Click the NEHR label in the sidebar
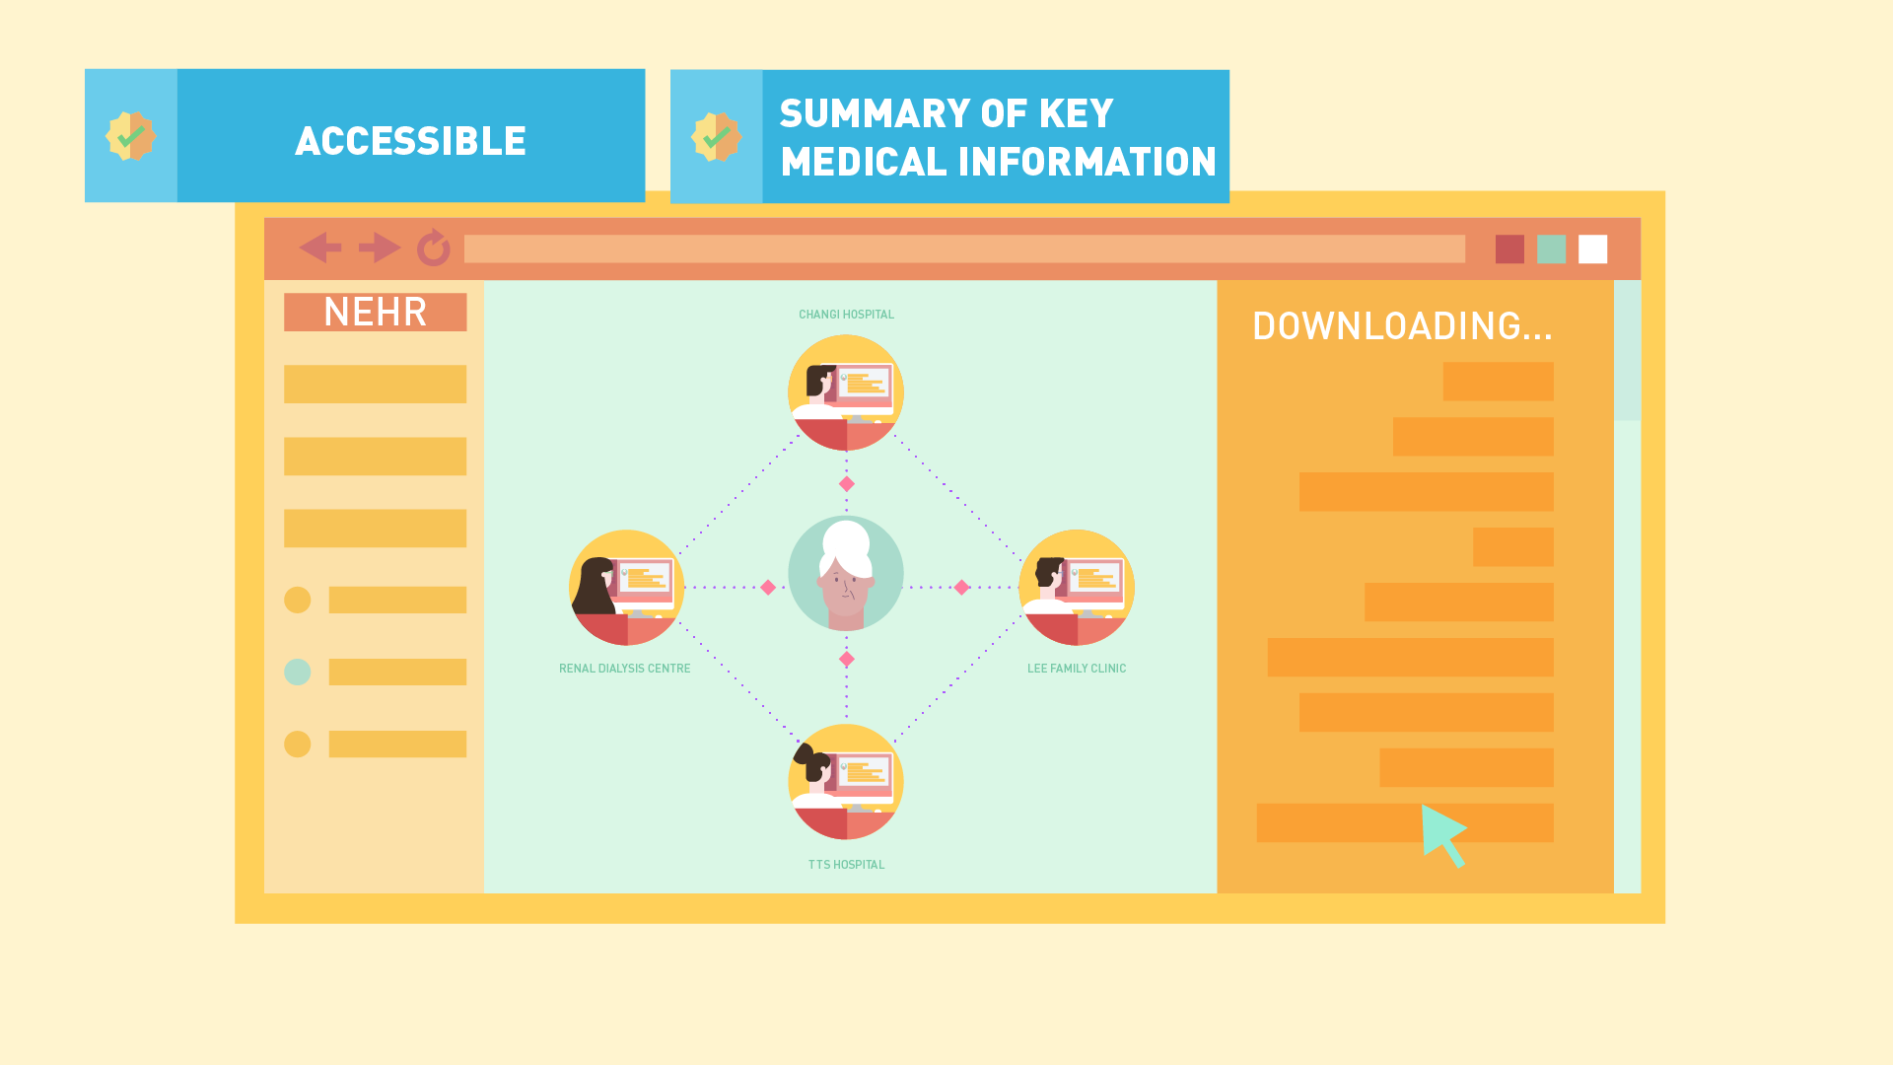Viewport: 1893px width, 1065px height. [x=375, y=312]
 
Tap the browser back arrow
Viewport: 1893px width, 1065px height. [x=320, y=248]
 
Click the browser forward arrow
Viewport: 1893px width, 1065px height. [x=380, y=248]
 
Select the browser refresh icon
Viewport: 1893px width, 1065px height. [x=434, y=248]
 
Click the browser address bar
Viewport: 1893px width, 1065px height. [x=964, y=248]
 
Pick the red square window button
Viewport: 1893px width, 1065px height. [x=1509, y=249]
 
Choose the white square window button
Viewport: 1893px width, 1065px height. [x=1592, y=249]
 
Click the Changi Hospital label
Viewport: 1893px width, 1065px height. [x=846, y=315]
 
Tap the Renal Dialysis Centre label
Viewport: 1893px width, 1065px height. [x=625, y=669]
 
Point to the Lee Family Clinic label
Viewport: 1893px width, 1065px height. [x=1077, y=669]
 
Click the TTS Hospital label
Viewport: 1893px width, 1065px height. [x=847, y=865]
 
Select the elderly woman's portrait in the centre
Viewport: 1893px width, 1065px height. [x=846, y=573]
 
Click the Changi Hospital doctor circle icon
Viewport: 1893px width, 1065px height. [x=846, y=392]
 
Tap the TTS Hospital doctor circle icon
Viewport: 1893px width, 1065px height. [x=846, y=782]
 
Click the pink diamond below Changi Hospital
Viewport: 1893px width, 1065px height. [x=846, y=483]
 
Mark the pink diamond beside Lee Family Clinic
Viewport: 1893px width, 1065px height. [x=961, y=587]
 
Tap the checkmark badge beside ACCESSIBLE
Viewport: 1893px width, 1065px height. [x=131, y=136]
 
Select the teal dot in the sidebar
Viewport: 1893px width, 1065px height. [x=298, y=672]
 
